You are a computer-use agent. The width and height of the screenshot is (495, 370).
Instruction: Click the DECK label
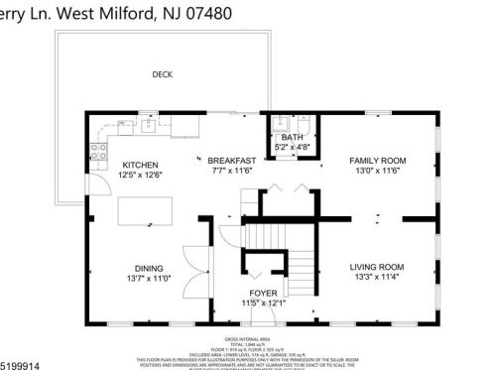[x=161, y=74]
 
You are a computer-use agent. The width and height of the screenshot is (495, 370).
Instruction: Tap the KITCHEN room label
[x=141, y=165]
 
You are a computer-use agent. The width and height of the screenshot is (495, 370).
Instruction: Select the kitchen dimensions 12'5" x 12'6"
[x=141, y=176]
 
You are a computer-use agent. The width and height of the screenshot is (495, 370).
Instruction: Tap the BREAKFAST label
[x=231, y=160]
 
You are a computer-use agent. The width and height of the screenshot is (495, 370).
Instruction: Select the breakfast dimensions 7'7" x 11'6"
[x=231, y=171]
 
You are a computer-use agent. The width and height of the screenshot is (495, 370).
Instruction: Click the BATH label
[x=292, y=137]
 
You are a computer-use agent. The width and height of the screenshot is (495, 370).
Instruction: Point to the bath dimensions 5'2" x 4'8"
[x=292, y=147]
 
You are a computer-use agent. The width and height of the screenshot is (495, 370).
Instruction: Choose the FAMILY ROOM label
[x=378, y=160]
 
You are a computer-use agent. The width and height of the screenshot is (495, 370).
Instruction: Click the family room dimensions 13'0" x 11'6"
[x=378, y=171]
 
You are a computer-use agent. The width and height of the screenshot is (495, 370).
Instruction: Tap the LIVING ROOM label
[x=377, y=267]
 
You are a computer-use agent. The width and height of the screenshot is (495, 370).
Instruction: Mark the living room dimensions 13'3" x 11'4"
[x=377, y=278]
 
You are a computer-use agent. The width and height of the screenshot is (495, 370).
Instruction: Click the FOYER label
[x=264, y=293]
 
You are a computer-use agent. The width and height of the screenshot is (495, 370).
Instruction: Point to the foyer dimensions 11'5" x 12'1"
[x=264, y=303]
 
